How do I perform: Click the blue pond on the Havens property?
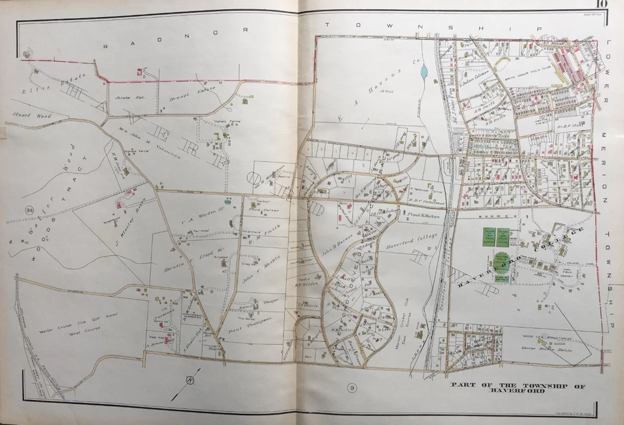[424, 71]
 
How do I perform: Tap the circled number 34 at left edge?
[29, 210]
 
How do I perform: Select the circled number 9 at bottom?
[352, 389]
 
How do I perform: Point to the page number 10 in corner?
[599, 5]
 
